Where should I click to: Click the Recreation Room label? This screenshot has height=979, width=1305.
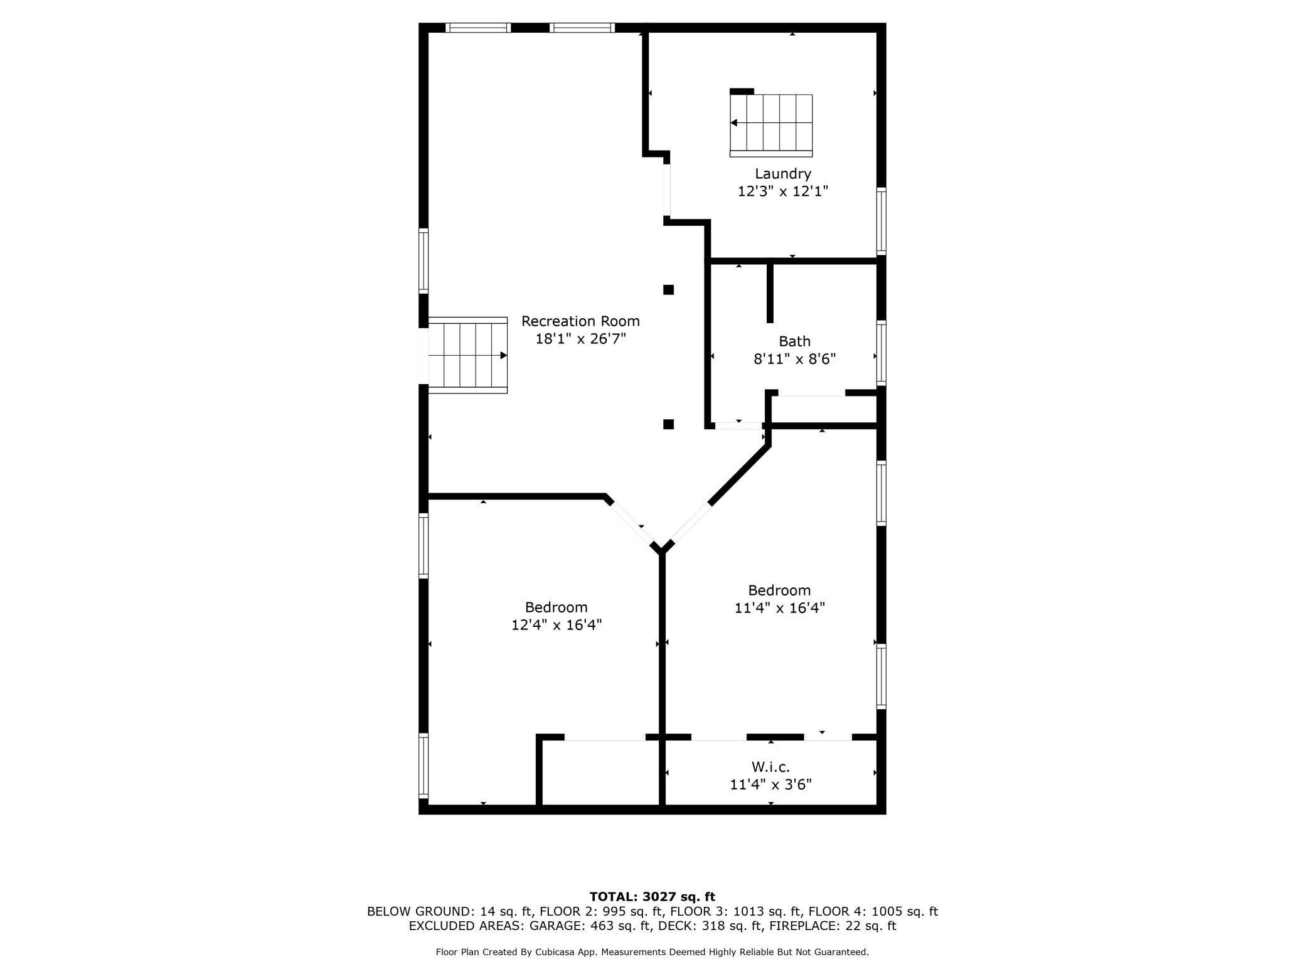[580, 321]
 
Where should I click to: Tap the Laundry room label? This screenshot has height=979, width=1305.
[783, 174]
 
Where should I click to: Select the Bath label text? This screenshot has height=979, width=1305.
[794, 341]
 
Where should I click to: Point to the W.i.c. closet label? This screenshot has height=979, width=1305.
[770, 767]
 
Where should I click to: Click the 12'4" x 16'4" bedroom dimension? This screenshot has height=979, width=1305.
[557, 625]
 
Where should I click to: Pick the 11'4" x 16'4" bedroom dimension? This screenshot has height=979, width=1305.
[779, 608]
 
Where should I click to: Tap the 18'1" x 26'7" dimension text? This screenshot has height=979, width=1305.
[580, 339]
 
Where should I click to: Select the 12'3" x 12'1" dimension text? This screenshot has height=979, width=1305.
[783, 191]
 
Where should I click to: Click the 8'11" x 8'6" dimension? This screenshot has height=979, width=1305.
[794, 359]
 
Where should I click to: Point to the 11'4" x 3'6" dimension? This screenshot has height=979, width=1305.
[770, 784]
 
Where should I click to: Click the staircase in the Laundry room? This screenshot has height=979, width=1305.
[771, 124]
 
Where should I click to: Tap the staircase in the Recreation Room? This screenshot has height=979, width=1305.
[467, 355]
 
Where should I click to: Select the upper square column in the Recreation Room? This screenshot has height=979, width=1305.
[669, 290]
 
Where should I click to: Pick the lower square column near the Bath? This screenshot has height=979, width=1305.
[669, 424]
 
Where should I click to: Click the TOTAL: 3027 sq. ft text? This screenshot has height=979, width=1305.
[652, 897]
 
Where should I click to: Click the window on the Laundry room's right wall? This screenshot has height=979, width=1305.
[882, 220]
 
